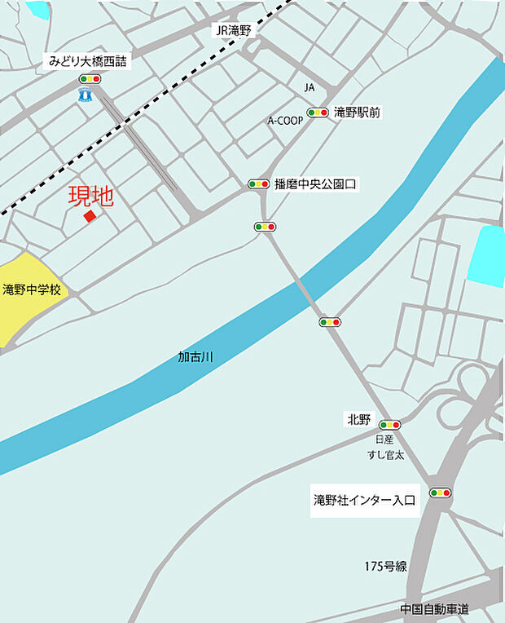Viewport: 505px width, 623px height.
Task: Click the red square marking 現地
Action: coord(90,216)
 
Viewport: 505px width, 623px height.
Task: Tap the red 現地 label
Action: coord(90,197)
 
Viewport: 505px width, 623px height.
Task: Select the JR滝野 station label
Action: coord(235,31)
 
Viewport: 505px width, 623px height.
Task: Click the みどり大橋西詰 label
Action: coord(87,61)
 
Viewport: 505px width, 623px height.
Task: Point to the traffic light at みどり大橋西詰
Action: coord(90,79)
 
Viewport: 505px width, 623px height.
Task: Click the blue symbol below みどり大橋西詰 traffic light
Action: coord(84,96)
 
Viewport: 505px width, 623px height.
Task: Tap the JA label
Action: coord(309,86)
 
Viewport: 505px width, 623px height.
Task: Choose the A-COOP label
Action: coord(285,120)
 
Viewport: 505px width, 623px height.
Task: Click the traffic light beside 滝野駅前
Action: coord(317,113)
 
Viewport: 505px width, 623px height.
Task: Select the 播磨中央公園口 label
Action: coord(316,184)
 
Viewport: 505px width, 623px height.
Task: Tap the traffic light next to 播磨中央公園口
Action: coord(258,184)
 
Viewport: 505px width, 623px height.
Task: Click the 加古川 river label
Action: coord(195,357)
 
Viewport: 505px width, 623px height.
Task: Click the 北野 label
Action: coord(358,420)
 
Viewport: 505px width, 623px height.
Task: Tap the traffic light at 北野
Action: coord(390,425)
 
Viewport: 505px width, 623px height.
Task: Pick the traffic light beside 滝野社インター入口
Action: coord(440,493)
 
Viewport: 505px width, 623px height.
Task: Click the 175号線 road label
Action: coord(385,566)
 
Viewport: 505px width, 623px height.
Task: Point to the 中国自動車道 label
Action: coord(434,609)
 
